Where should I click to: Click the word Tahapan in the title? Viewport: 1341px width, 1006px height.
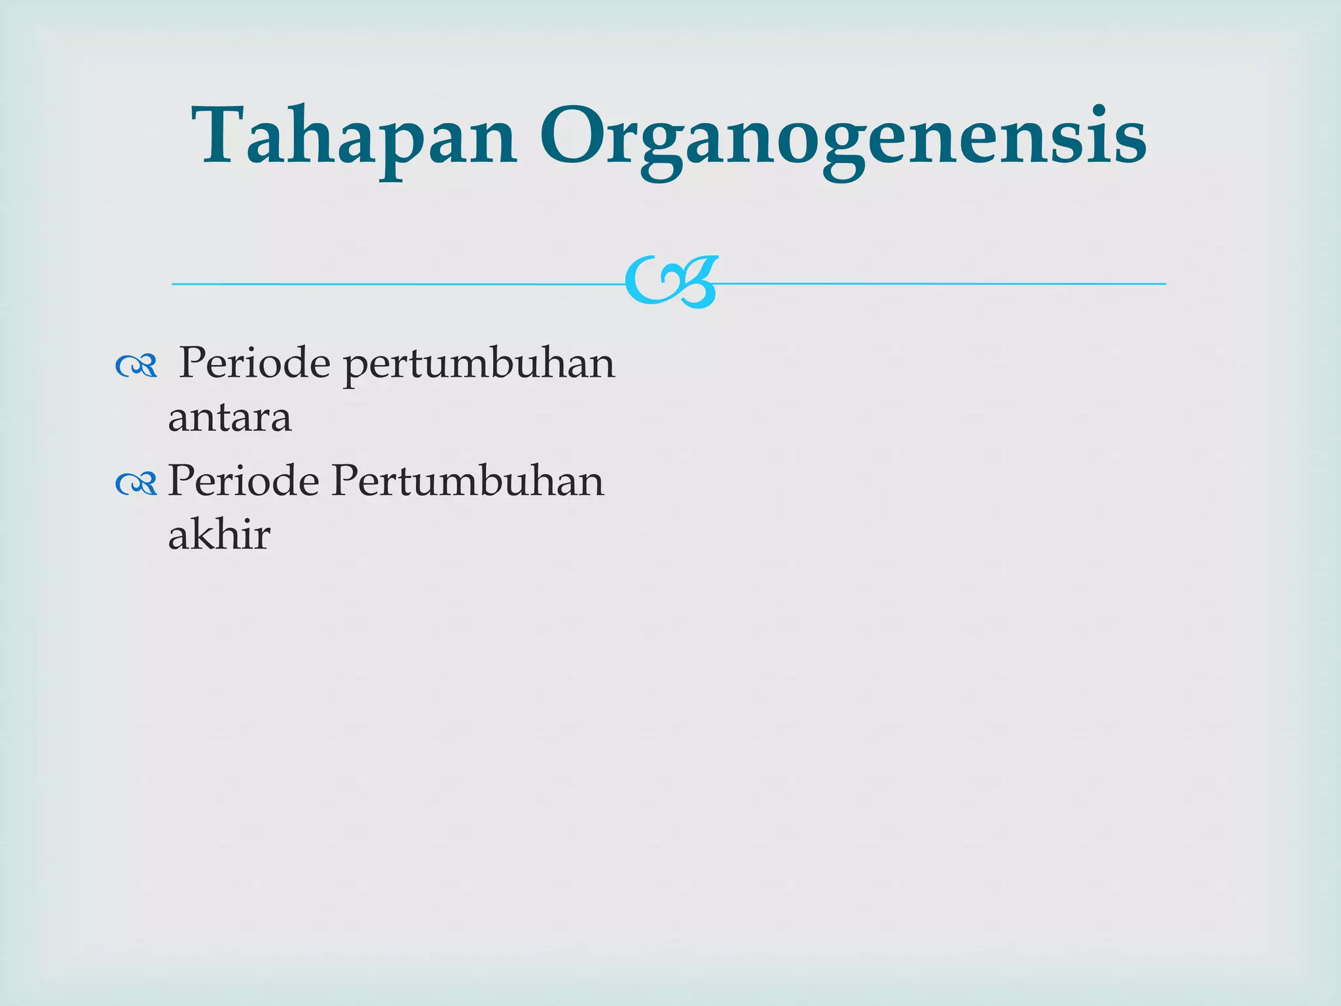point(354,138)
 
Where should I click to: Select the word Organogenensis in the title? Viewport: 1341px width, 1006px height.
point(841,141)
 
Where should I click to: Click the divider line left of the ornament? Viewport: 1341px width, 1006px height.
point(393,284)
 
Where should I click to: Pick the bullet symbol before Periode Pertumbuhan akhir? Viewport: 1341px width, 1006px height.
point(136,485)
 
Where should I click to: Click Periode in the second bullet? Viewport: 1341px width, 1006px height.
point(244,481)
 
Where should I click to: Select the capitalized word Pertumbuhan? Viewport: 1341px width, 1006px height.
point(468,481)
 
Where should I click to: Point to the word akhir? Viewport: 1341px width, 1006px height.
point(219,535)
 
